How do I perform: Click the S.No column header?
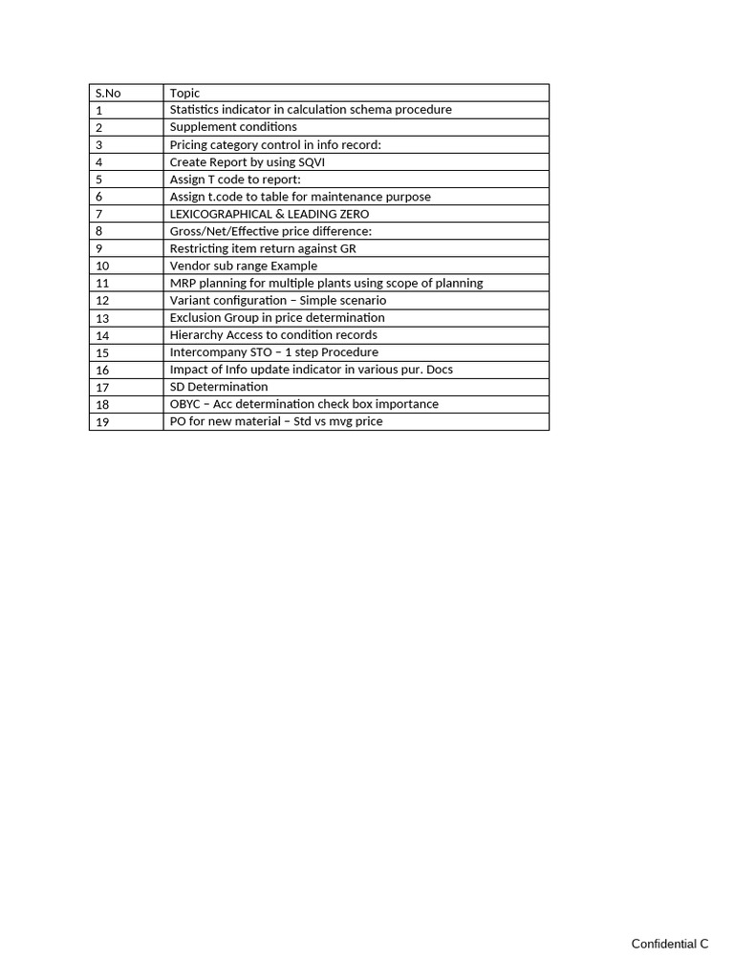(x=108, y=93)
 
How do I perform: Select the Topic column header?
(x=185, y=93)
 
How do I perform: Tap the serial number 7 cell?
(x=99, y=214)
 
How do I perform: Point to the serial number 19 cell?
(x=102, y=421)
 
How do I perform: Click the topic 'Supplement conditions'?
(x=233, y=127)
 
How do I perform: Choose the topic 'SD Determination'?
(x=219, y=387)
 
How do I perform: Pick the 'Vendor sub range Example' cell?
(x=244, y=266)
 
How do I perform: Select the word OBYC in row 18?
(x=185, y=404)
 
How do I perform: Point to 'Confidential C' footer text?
(x=670, y=944)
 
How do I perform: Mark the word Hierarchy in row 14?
(x=196, y=335)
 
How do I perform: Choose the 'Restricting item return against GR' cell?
(x=263, y=248)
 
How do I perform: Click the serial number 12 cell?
(x=102, y=300)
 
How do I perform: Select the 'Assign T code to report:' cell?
(x=235, y=180)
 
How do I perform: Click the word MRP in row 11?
(x=183, y=283)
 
